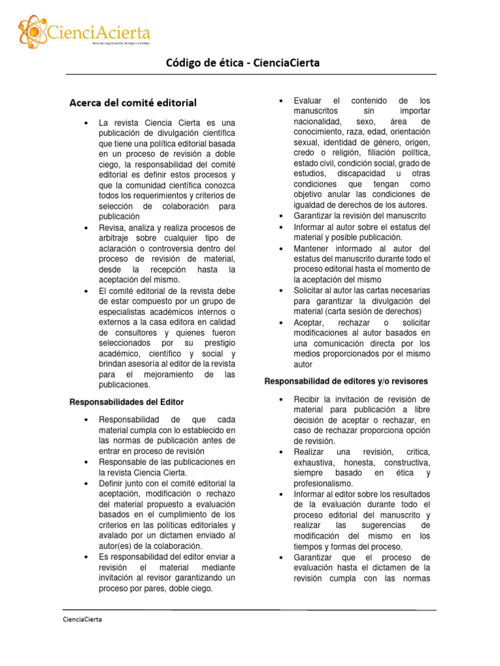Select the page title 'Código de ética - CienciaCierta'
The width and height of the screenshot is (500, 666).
[242, 63]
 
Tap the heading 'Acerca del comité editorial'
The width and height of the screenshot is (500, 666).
[133, 103]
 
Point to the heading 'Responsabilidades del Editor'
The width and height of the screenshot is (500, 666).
[127, 402]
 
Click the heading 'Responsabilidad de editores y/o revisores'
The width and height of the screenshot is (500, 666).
[346, 380]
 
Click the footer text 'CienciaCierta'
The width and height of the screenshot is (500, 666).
[82, 619]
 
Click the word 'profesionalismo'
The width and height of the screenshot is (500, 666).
[323, 483]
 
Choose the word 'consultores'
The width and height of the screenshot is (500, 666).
[133, 332]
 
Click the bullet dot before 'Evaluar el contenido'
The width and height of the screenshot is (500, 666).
[280, 101]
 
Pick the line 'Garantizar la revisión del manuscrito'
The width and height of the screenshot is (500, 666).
[359, 215]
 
